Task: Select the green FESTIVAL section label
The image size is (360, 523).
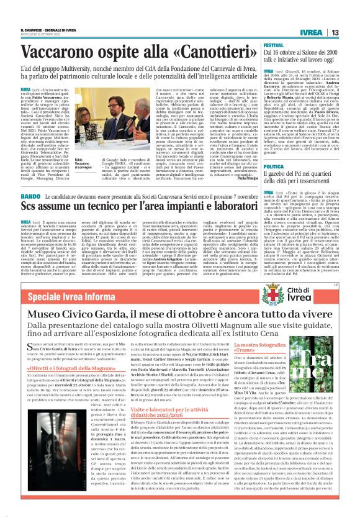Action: click(273, 47)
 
